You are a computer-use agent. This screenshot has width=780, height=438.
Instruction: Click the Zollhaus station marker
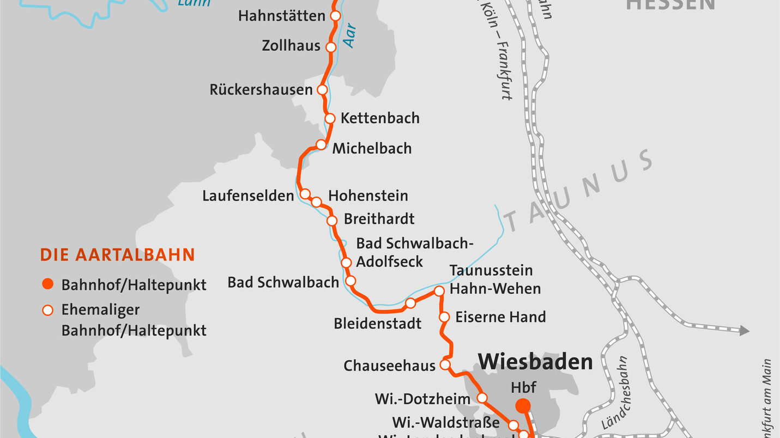coord(331,47)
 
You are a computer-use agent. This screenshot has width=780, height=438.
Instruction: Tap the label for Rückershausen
coord(261,90)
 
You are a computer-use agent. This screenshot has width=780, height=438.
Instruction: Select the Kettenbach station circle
coord(330,118)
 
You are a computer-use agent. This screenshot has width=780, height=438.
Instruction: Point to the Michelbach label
coord(372,148)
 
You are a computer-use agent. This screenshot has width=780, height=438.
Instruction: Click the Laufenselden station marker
coord(305,194)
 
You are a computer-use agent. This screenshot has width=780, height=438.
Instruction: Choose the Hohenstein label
coord(368,196)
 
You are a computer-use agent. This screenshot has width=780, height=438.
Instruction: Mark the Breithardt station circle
coord(332,221)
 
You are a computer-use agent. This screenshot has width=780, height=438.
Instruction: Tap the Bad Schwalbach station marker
coord(351,281)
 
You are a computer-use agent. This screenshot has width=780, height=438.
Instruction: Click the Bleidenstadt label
coord(377,324)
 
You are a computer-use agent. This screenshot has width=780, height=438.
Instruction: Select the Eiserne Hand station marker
coord(444,317)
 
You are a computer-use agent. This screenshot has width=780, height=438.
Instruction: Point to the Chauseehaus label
coord(389,366)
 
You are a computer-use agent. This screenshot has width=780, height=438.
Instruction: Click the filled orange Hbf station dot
coord(523,405)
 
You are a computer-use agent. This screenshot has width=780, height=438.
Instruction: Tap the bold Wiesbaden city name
coord(535,361)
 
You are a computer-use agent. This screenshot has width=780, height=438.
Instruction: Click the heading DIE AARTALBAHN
coord(117,255)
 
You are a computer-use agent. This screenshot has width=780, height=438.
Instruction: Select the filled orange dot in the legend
coord(48,284)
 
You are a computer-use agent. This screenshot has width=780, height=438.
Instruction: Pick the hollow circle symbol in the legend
coord(48,310)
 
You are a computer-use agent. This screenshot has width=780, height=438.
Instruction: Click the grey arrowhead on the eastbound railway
coord(744,330)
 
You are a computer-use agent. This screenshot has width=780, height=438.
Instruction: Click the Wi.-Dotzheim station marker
coord(482,398)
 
